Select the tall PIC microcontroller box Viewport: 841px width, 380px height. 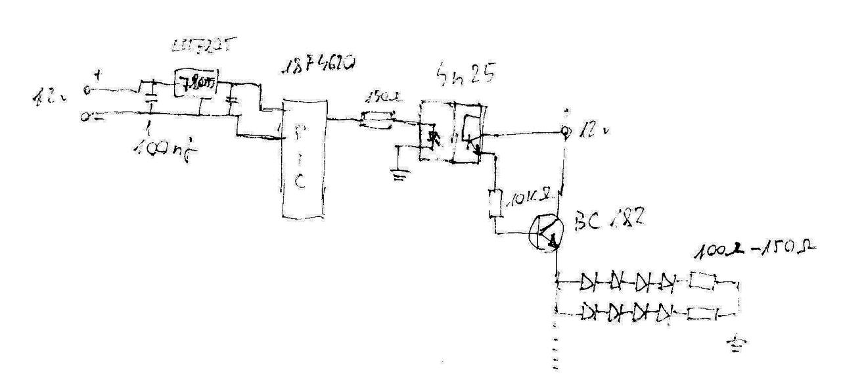pyautogui.click(x=303, y=158)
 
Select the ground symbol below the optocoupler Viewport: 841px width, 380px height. pyautogui.click(x=399, y=174)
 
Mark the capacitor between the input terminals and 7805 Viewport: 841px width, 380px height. pyautogui.click(x=150, y=97)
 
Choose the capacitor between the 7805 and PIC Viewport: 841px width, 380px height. pyautogui.click(x=230, y=100)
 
